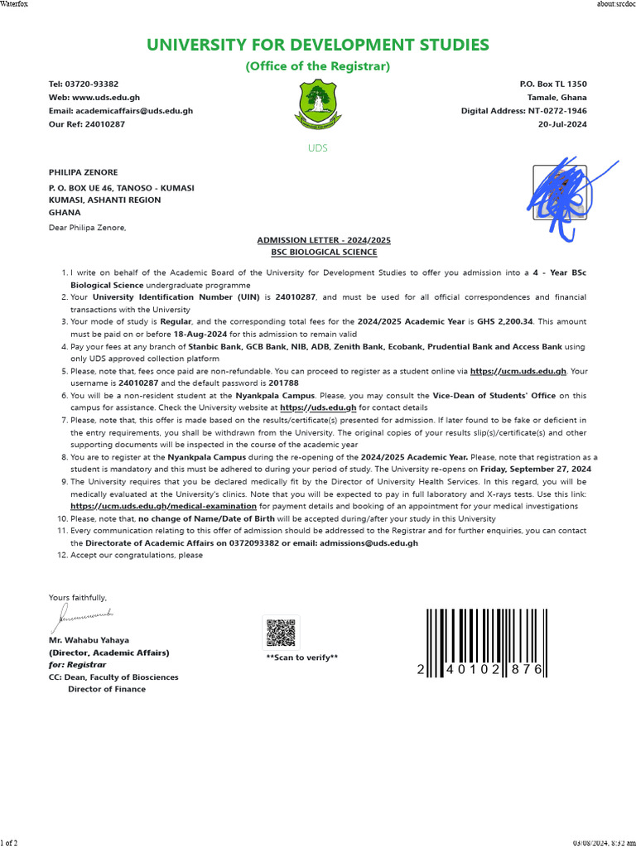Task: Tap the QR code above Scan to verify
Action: (281, 633)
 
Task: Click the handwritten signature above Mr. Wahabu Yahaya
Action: (83, 614)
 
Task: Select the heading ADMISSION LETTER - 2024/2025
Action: (324, 240)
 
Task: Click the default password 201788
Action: (283, 383)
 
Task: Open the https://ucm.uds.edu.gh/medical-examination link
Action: (163, 505)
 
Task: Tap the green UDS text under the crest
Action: (317, 148)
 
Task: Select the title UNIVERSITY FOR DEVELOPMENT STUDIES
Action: (317, 45)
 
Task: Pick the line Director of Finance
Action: (106, 689)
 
